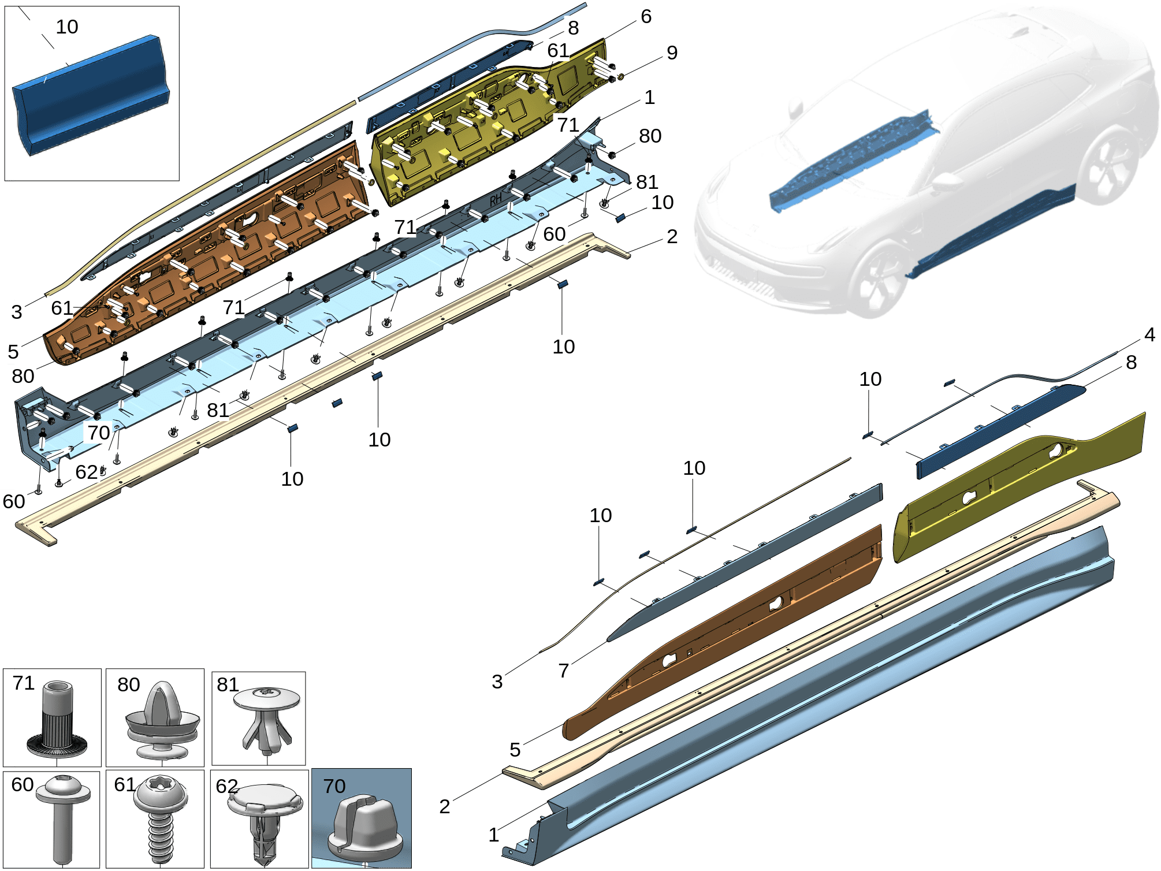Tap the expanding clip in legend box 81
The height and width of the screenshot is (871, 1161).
point(266,721)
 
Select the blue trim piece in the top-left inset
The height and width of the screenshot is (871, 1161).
point(91,95)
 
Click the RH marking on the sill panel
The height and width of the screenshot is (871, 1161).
point(496,200)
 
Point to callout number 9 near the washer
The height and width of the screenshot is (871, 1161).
point(672,53)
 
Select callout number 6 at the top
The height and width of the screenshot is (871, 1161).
point(646,17)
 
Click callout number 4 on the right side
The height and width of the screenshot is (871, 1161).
point(1149,334)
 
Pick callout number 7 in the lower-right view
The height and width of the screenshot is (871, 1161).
point(564,671)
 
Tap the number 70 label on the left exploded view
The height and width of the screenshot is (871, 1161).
point(99,432)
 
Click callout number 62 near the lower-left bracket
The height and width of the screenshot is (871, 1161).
point(87,472)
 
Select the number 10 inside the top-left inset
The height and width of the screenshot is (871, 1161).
point(67,27)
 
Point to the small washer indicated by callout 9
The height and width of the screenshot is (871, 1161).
point(621,77)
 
